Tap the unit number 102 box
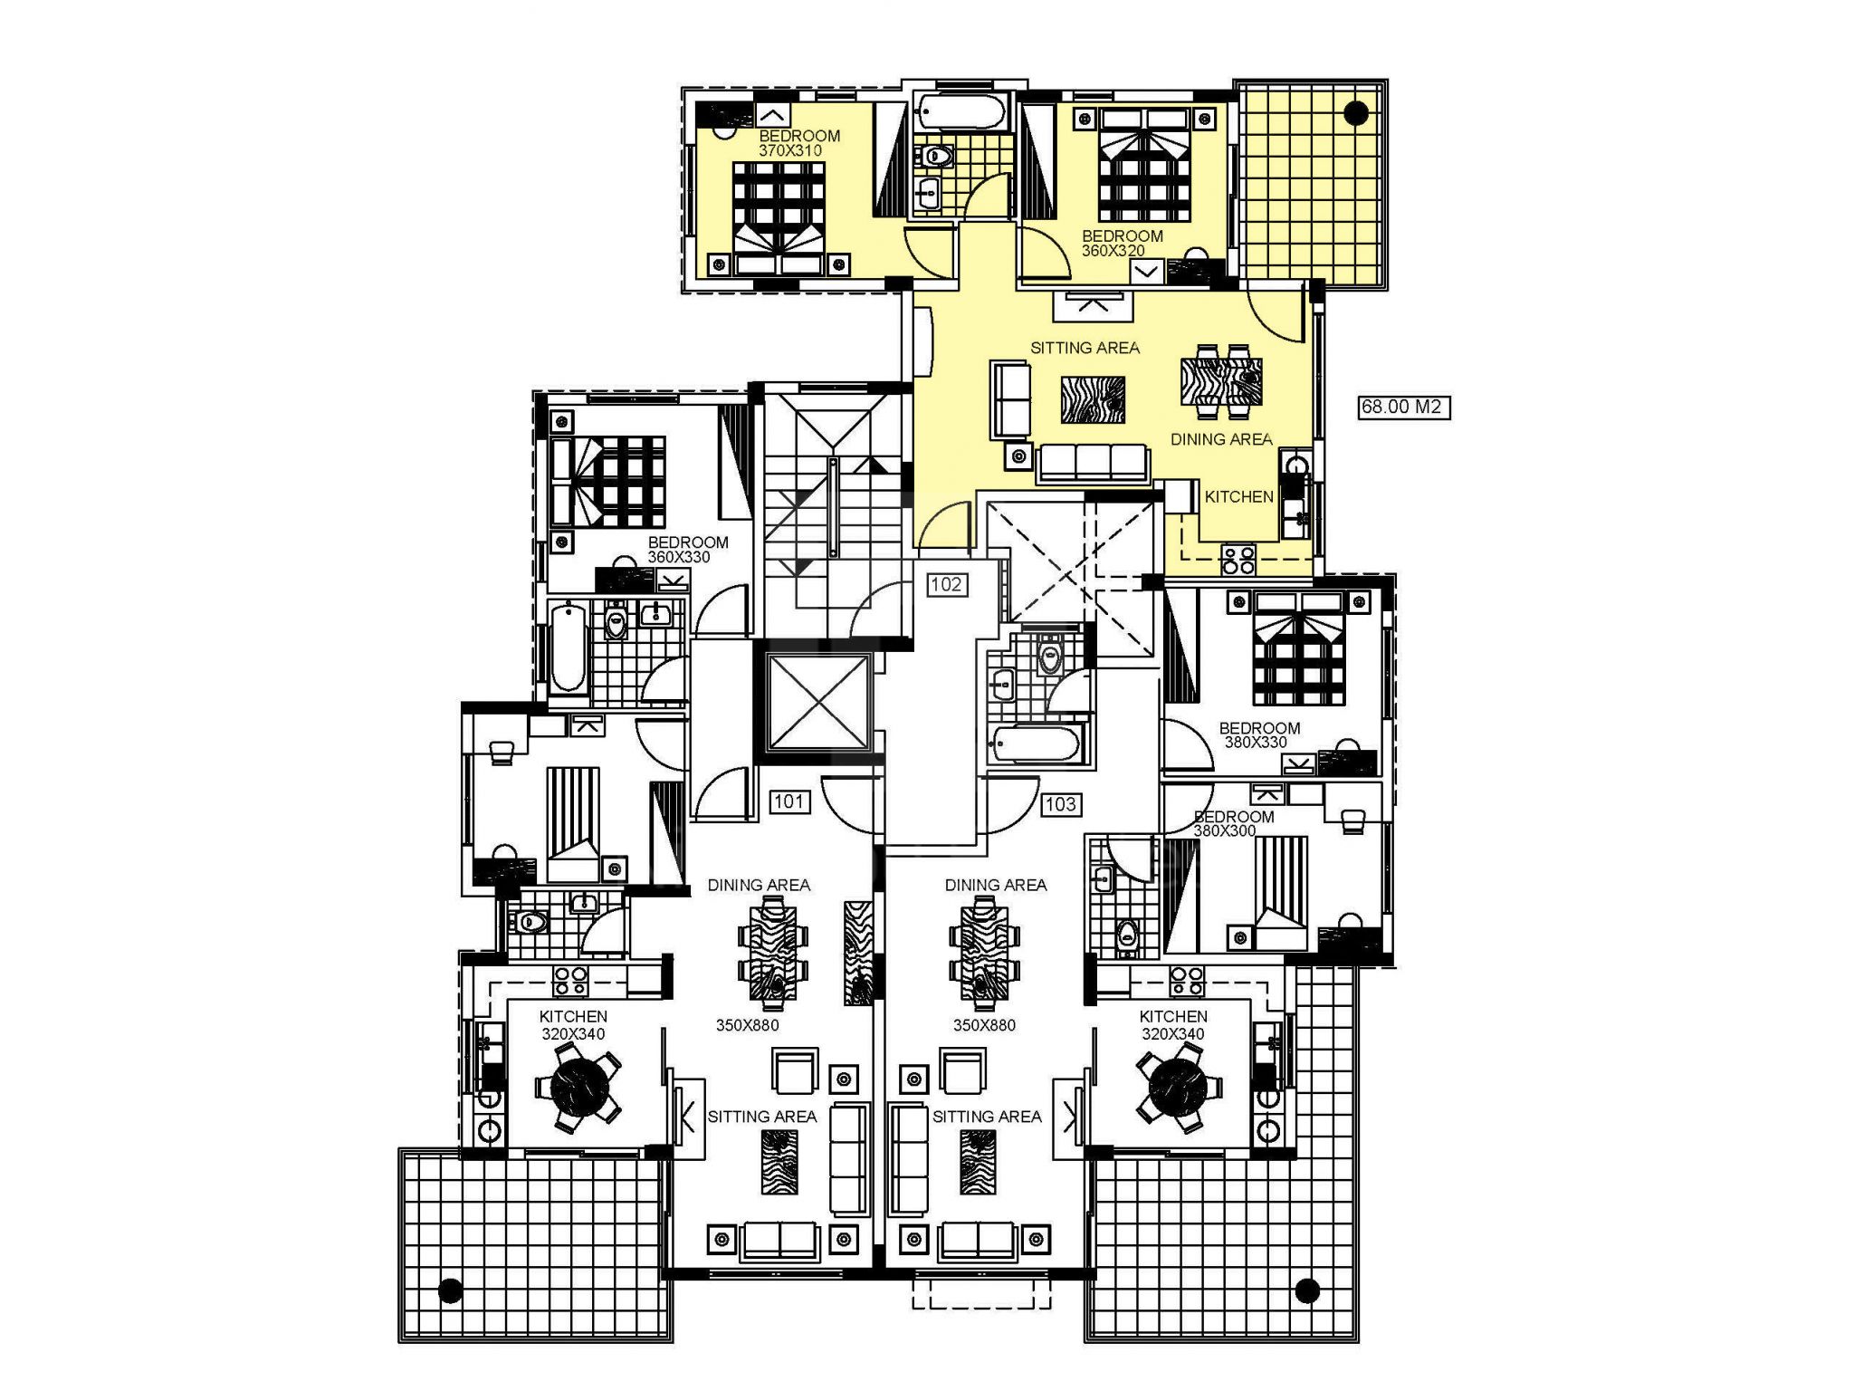tap(946, 584)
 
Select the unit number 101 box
tap(788, 801)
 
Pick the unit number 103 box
tap(1060, 803)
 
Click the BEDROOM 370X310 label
tap(798, 143)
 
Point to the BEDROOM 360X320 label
tap(1122, 243)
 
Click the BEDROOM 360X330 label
tap(687, 549)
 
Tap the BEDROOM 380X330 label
tap(1258, 734)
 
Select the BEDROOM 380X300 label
tap(1233, 823)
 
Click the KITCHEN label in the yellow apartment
tap(1238, 496)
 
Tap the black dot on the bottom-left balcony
tap(450, 1290)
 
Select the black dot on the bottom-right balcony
tap(1306, 1290)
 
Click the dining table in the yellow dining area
tap(1221, 381)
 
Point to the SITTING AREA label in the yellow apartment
tap(1085, 348)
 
